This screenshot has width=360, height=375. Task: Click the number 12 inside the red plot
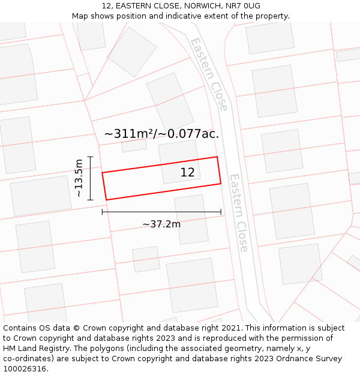[x=187, y=173]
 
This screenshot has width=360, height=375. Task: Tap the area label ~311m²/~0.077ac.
[x=161, y=134]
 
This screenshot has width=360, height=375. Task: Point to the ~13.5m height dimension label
[x=79, y=178]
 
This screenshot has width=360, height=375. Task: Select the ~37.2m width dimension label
[x=161, y=224]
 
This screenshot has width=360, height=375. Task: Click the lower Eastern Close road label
[x=239, y=213]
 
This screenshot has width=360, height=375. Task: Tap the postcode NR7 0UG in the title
[x=243, y=6]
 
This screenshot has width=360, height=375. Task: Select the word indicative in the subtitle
[x=208, y=16]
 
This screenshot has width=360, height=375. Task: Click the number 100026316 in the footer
[x=25, y=369]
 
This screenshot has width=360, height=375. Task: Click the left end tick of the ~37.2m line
[x=103, y=212]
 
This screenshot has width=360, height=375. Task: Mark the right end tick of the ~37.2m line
[x=221, y=212]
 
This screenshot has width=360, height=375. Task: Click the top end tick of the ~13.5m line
[x=90, y=157]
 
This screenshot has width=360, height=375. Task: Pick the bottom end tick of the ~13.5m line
[x=90, y=200]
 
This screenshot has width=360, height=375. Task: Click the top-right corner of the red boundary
[x=217, y=157]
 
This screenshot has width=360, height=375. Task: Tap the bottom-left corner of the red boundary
[x=106, y=200]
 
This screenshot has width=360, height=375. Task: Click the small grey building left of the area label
[x=134, y=145]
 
